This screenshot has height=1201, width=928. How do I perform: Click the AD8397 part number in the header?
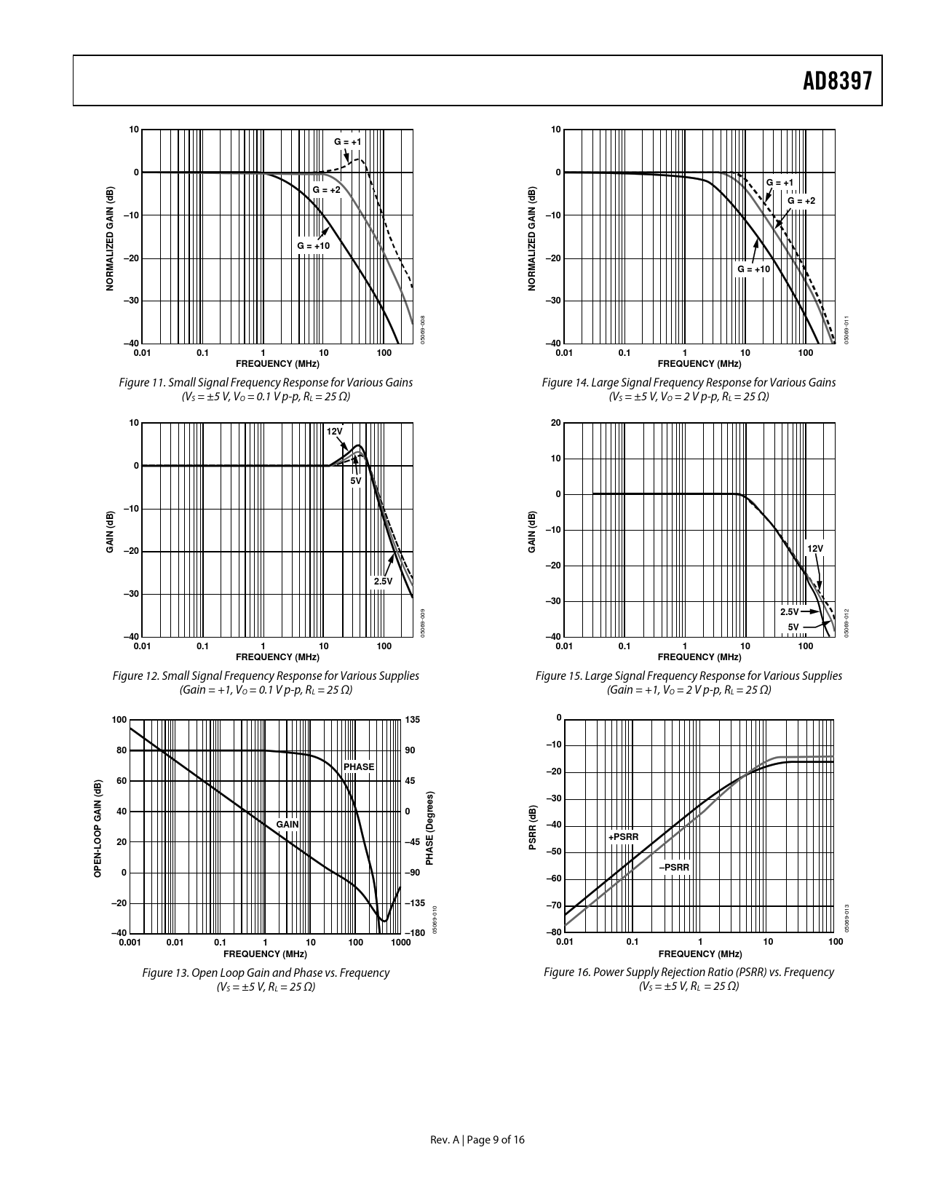point(837,82)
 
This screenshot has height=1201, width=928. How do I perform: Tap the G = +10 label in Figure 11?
point(313,246)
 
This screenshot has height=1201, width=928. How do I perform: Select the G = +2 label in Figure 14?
point(801,200)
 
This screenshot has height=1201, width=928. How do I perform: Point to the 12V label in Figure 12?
point(334,431)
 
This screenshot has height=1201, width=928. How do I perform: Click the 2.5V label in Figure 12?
point(383,581)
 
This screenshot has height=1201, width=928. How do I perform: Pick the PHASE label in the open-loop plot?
point(359,766)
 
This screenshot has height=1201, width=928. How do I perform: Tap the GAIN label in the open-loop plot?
point(287,824)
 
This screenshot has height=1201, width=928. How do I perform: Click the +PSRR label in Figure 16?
point(623,837)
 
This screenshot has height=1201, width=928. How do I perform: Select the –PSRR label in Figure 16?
point(674,868)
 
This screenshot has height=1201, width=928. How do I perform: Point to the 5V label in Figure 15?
point(793,627)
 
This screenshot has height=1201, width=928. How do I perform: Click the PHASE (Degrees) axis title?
point(429,829)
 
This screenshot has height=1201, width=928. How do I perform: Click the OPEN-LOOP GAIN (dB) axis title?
point(98,828)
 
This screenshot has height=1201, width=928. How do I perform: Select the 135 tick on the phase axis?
point(412,720)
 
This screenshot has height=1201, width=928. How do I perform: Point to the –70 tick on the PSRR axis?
point(554,905)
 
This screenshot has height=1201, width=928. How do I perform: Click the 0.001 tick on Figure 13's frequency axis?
point(130,942)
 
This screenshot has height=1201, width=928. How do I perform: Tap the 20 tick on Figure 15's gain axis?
point(555,423)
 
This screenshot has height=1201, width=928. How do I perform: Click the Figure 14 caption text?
point(689,382)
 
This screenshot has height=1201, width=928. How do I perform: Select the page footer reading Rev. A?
point(477,1140)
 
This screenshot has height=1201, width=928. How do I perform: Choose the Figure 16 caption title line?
point(689,972)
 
